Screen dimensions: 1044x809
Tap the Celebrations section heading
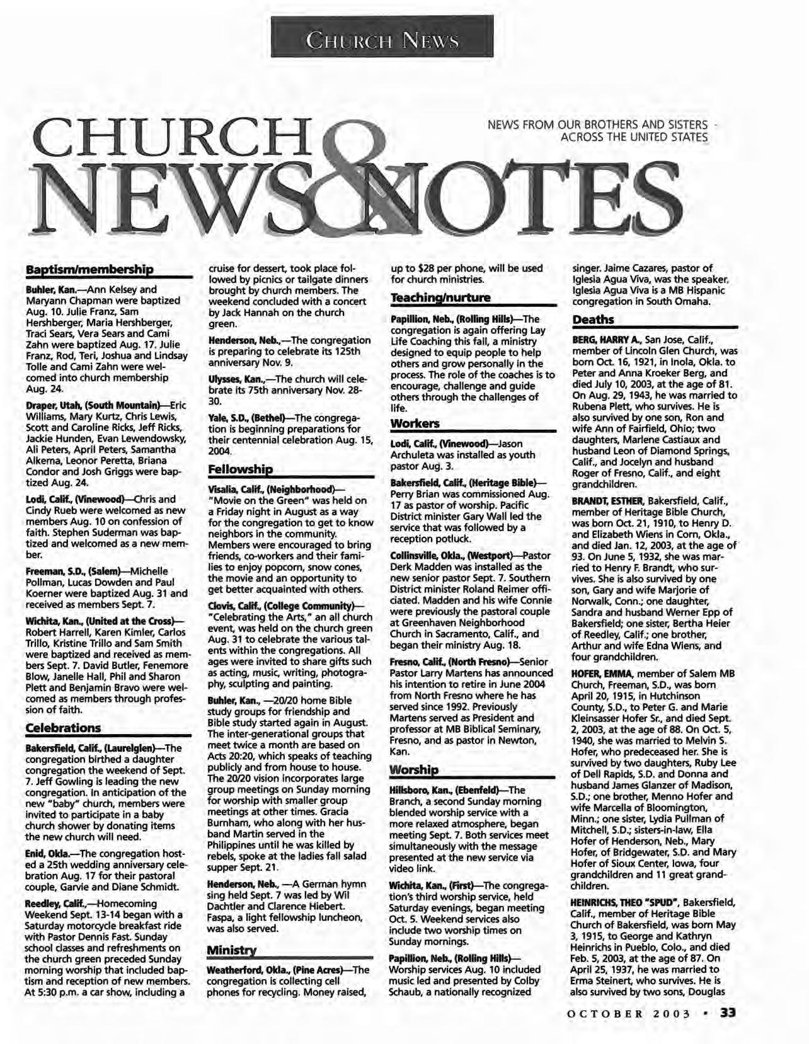63,728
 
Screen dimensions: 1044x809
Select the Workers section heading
415,423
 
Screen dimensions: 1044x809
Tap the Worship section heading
413,771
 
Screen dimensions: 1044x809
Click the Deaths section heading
593,320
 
